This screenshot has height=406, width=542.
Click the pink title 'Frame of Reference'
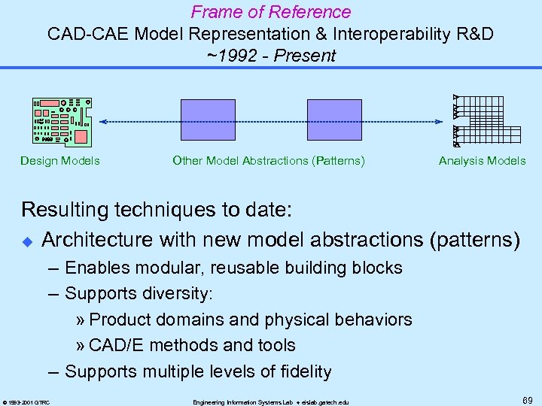271,12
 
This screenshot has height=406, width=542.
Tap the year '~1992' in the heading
230,56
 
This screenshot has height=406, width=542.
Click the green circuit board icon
62,121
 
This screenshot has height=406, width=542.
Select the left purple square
208,121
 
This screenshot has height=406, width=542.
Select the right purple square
335,121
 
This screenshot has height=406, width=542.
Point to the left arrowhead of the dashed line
103,121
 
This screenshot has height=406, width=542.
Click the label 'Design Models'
60,160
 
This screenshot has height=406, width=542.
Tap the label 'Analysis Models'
482,160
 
